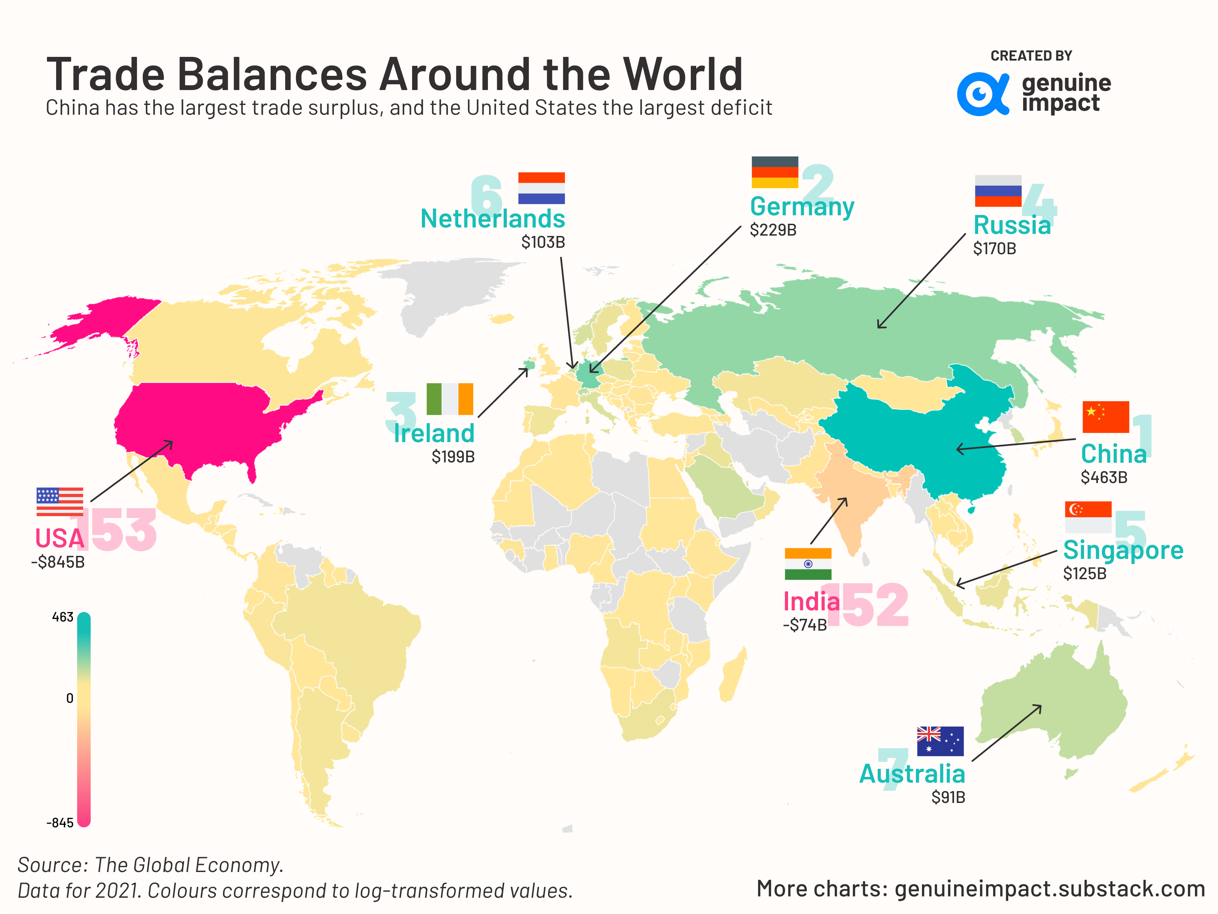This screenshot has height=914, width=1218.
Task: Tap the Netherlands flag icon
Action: (541, 188)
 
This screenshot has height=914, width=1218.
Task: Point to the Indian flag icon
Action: (808, 564)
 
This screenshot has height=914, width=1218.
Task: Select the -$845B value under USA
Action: (58, 563)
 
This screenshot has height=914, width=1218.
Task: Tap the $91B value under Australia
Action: (948, 797)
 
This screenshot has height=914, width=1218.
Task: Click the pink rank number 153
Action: (116, 530)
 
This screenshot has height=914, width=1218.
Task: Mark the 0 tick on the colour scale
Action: (69, 699)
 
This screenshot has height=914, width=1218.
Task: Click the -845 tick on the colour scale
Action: (60, 823)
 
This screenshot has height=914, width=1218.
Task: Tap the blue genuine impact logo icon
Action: (983, 94)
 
